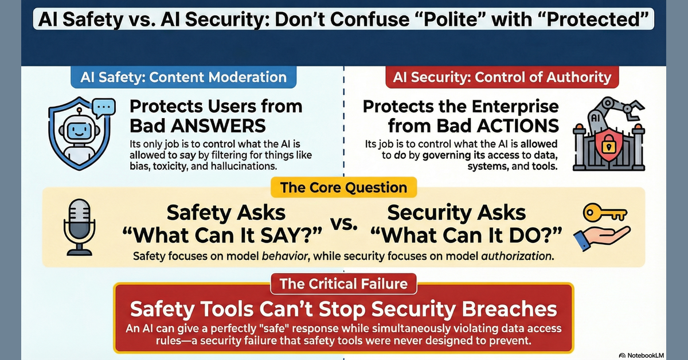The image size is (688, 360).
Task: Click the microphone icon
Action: pos(79,228)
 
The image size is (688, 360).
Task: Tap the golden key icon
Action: pos(605,212)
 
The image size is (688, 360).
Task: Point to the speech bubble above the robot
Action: pos(104,108)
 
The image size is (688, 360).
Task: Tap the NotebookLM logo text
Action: pos(646,355)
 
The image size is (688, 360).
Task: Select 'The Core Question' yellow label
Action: pos(343,187)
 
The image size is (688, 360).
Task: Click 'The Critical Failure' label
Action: pos(343,284)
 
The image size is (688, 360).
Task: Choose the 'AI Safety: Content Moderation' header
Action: pos(183,77)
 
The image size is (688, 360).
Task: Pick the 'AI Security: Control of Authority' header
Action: pos(502,77)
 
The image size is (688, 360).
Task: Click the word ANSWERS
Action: pos(218,126)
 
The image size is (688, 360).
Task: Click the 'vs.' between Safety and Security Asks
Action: pos(343,224)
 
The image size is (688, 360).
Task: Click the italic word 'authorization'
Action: pos(515,256)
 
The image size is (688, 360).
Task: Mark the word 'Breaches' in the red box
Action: pos(509,309)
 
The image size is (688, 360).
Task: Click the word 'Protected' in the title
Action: pos(597,19)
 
